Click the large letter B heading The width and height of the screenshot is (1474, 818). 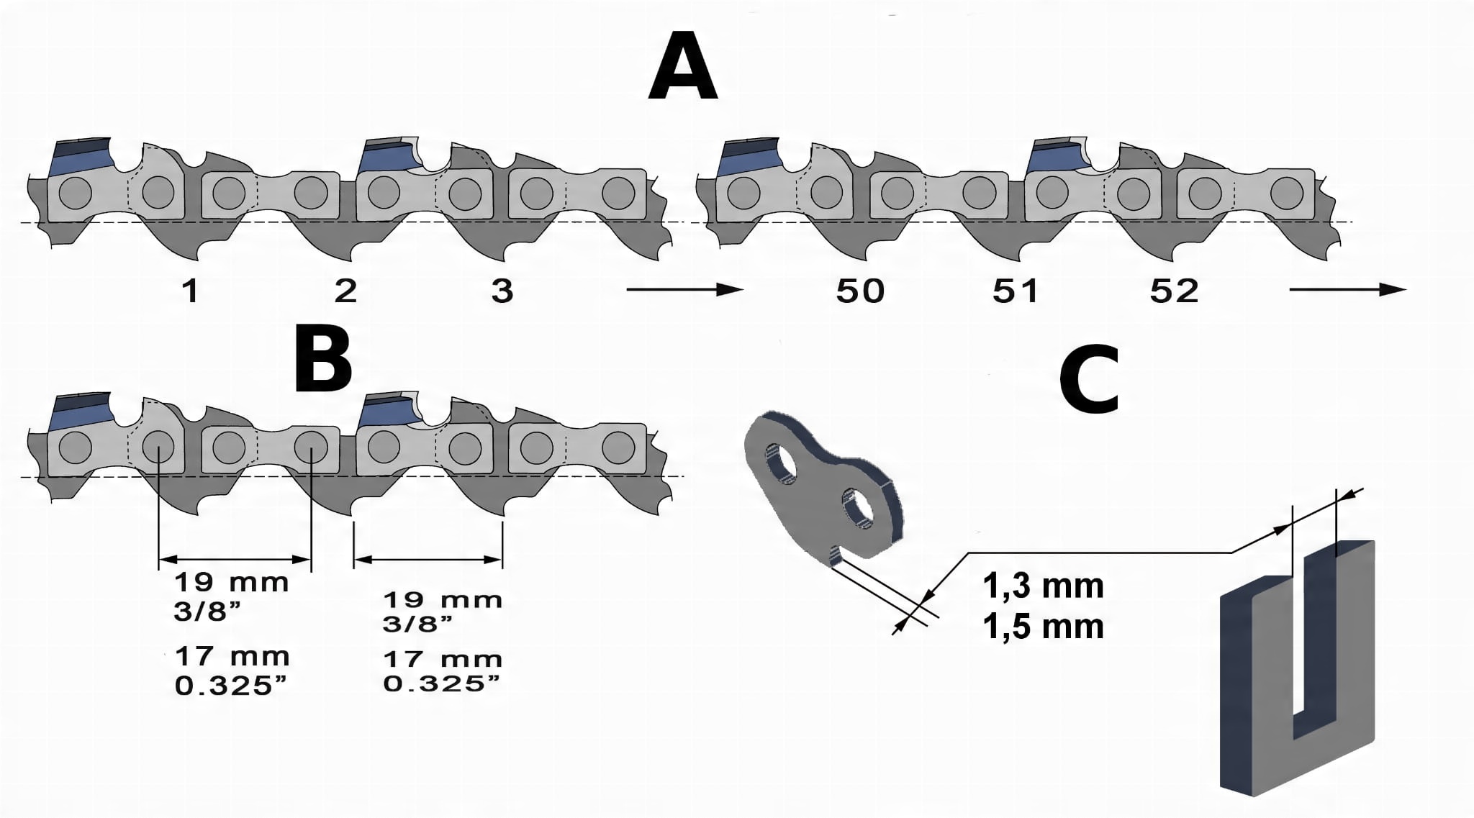[x=323, y=360]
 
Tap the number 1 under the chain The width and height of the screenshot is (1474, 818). [x=190, y=291]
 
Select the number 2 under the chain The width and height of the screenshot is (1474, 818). [x=346, y=291]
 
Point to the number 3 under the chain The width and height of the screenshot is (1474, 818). [x=502, y=291]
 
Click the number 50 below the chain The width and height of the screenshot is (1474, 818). [x=860, y=291]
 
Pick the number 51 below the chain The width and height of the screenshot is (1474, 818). [x=1016, y=291]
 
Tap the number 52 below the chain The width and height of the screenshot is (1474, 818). [x=1175, y=291]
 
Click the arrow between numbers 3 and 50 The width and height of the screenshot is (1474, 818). [x=684, y=290]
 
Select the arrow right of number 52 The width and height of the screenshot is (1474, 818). [x=1347, y=290]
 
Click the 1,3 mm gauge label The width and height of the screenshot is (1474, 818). [x=1043, y=586]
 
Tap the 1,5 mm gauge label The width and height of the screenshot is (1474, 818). [x=1043, y=627]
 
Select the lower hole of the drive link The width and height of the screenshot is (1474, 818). [x=859, y=511]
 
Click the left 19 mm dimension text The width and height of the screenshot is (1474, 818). [x=231, y=582]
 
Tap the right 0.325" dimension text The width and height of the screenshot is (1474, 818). [x=442, y=683]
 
